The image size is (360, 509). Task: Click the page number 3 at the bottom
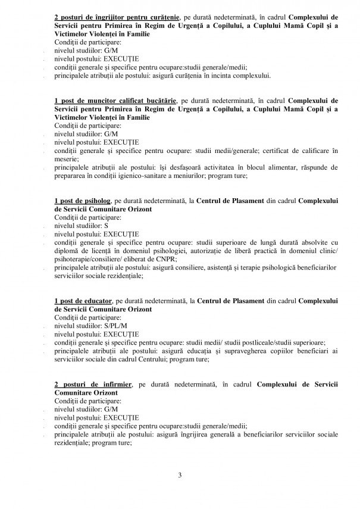coord(179,474)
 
